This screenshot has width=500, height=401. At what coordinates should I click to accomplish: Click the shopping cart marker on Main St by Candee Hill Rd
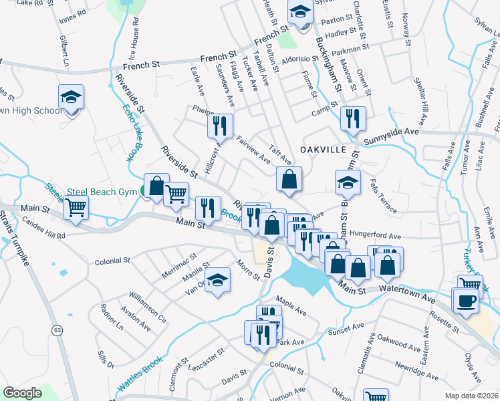tap(76, 208)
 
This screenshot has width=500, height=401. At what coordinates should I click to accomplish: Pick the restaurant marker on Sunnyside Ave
tap(353, 119)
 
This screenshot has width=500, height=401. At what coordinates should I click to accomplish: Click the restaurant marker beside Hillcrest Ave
tap(221, 126)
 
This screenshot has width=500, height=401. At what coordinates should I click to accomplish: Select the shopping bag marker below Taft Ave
tap(289, 179)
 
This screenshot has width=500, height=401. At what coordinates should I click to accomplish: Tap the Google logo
tap(22, 393)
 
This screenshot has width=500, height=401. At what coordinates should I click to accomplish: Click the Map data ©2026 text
tap(471, 396)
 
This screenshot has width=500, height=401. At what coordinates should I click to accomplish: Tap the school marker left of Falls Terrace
tap(348, 182)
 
